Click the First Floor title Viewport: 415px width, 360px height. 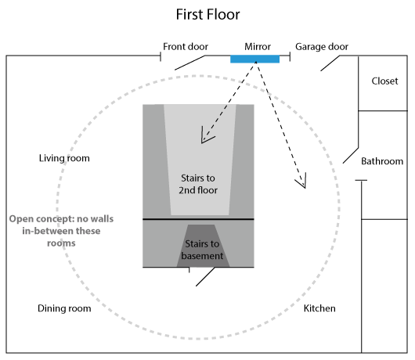pos(207,14)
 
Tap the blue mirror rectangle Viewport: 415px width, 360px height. pos(255,59)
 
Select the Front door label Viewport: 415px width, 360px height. pos(186,46)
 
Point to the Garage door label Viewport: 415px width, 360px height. pos(322,46)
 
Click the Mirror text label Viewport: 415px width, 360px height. pos(258,46)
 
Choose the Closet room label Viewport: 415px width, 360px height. pos(384,81)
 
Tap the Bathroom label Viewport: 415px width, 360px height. pos(382,161)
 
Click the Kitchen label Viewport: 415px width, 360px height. pos(319,308)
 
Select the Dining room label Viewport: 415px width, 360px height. pos(64,308)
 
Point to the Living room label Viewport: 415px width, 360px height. pos(64,158)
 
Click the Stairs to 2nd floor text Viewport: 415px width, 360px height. pos(198,184)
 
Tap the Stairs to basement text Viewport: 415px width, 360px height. pos(202,250)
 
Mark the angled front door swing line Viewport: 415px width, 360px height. pos(189,63)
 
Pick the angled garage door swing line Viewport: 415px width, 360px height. pos(330,63)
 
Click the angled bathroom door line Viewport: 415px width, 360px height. pos(351,155)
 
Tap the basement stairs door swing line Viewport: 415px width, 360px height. pos(205,277)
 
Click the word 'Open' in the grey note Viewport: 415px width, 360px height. pos(20,219)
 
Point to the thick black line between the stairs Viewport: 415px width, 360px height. pos(198,219)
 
